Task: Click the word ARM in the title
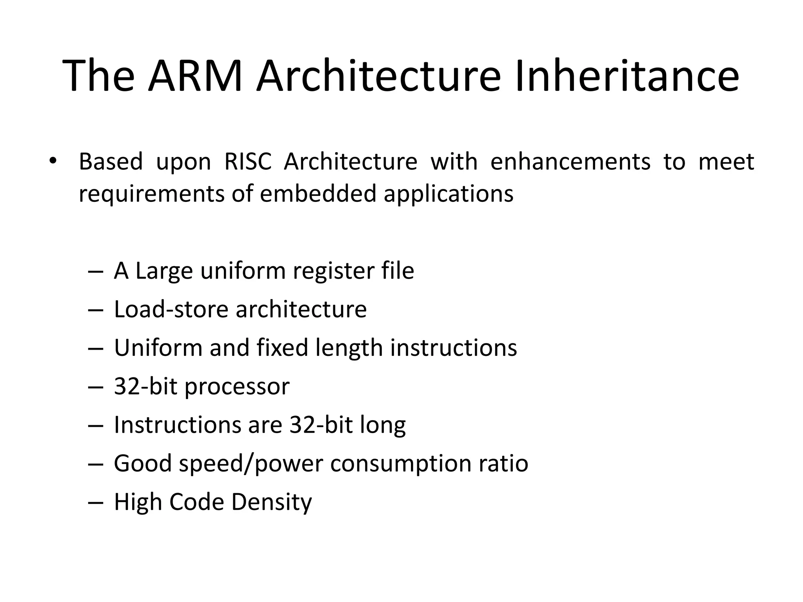point(195,76)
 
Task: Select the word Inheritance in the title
point(627,76)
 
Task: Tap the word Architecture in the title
point(378,76)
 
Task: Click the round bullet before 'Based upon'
point(52,161)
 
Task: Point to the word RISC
point(248,161)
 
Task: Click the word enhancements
point(570,161)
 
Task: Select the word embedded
point(318,194)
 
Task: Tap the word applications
point(449,194)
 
